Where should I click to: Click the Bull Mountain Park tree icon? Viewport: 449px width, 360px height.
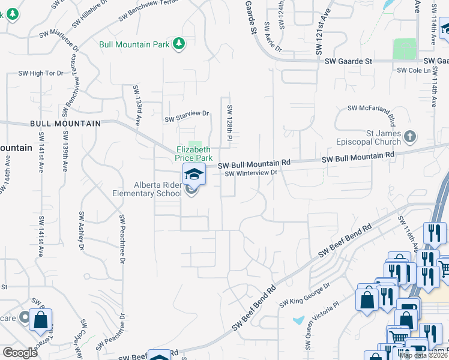(x=178, y=43)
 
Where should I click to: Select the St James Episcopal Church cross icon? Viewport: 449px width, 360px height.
(x=410, y=137)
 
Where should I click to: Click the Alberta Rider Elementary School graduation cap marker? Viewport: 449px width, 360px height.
(x=194, y=175)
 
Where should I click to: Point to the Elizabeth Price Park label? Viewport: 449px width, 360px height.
(x=193, y=153)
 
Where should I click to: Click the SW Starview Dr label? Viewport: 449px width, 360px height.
(x=187, y=113)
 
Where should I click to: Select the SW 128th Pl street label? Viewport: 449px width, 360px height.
(x=229, y=124)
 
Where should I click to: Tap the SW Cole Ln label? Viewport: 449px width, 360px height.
(x=415, y=70)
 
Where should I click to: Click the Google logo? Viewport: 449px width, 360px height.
(x=20, y=352)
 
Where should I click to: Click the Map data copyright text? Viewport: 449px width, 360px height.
(x=423, y=355)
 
